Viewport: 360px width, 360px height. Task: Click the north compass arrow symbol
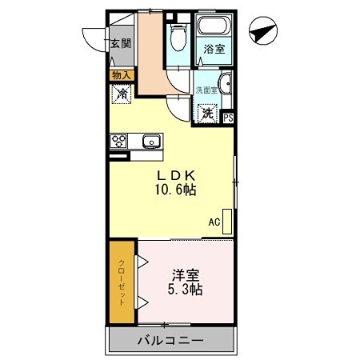tap(262, 34)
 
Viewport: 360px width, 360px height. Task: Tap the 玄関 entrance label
tap(121, 45)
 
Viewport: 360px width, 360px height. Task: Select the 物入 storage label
tap(122, 76)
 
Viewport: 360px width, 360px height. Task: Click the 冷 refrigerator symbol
tap(122, 94)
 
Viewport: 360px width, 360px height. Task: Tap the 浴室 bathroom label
tap(213, 49)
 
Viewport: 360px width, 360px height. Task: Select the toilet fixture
tap(178, 37)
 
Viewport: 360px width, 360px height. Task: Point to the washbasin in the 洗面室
tap(225, 84)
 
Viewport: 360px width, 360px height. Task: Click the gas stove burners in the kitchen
tap(120, 142)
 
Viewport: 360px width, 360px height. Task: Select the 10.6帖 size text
tap(176, 190)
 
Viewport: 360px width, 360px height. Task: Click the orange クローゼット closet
tap(122, 281)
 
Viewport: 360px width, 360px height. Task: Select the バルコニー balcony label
tap(170, 341)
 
